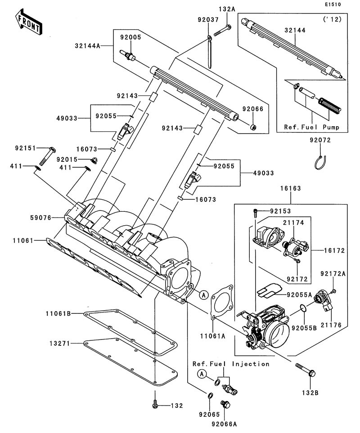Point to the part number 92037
click(208, 20)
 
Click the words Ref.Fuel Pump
click(311, 127)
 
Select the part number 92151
click(25, 147)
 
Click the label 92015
click(67, 160)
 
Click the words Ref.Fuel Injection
click(231, 364)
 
